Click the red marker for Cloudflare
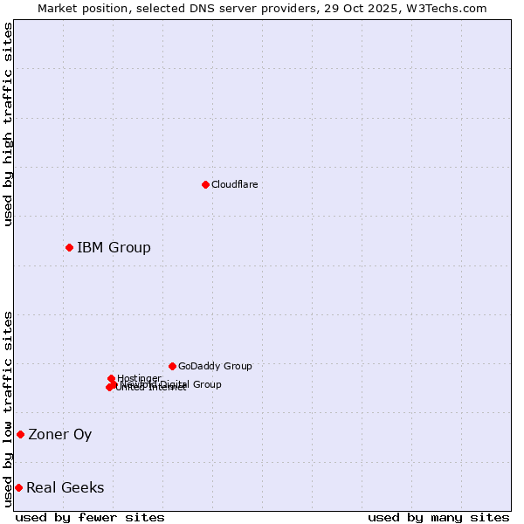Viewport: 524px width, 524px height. [x=205, y=184]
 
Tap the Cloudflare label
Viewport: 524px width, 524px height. [x=234, y=184]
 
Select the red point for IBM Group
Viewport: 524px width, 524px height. [x=69, y=247]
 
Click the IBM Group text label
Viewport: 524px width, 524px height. [x=114, y=247]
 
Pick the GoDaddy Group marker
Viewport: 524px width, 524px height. [x=172, y=366]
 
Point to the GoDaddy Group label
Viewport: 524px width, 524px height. [x=215, y=366]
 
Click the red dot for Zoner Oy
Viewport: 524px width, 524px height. [x=20, y=434]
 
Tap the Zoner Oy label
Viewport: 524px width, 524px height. [x=59, y=434]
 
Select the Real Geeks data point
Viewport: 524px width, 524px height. [x=18, y=487]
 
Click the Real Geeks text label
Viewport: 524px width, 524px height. [x=65, y=487]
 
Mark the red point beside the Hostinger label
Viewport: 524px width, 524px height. [x=111, y=378]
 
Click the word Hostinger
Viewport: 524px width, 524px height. [x=139, y=378]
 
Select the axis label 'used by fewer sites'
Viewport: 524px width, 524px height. [x=90, y=517]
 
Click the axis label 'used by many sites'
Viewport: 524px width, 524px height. [x=438, y=517]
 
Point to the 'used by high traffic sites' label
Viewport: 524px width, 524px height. [x=8, y=124]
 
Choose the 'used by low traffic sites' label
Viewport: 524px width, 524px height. [x=8, y=408]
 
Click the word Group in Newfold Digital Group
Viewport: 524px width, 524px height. [x=206, y=384]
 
